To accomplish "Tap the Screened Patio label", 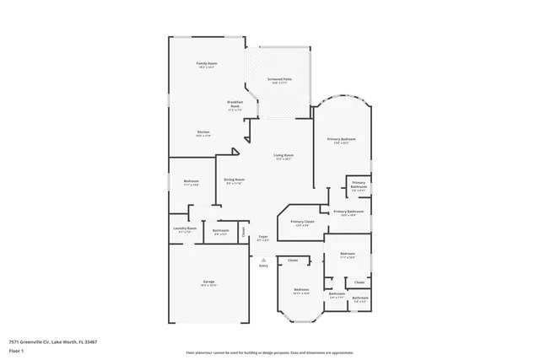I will (x=278, y=80).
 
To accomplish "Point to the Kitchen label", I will (x=203, y=133).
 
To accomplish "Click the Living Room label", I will (x=283, y=156).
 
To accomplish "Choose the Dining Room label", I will (x=234, y=180).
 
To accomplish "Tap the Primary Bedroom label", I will (x=342, y=139).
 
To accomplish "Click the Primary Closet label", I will (x=304, y=223).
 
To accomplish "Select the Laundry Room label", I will (x=185, y=229).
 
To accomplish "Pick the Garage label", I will (x=208, y=282).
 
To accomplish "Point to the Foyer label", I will (x=262, y=238).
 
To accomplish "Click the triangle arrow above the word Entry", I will (x=263, y=260).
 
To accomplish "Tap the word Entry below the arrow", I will (x=263, y=266).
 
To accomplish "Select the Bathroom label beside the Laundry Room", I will (x=221, y=231).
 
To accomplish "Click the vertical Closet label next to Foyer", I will (x=243, y=231).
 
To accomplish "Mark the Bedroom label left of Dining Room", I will (x=192, y=181).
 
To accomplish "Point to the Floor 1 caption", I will (x=17, y=350).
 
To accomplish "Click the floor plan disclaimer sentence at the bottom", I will (x=270, y=352).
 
